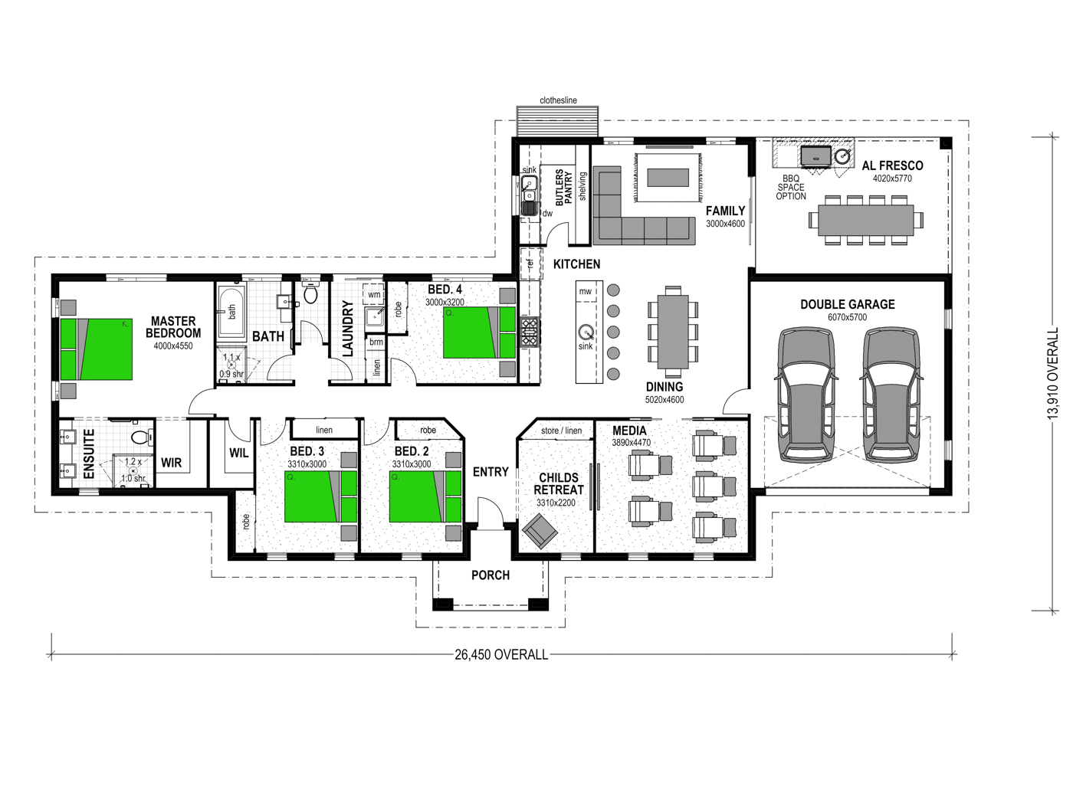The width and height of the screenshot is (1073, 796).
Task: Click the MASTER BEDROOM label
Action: [x=173, y=327]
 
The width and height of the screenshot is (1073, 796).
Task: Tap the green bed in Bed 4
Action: [x=480, y=332]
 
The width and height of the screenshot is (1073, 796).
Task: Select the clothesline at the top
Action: [x=557, y=121]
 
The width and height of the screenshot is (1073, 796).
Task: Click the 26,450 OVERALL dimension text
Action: [x=501, y=654]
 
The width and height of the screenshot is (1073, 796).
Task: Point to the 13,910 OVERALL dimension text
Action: [x=1052, y=372]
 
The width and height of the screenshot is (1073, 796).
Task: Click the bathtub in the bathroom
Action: [x=231, y=312]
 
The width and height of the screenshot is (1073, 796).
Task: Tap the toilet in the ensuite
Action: [x=140, y=437]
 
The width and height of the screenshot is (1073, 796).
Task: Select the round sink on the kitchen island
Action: [x=586, y=332]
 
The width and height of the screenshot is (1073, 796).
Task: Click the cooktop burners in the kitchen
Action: [x=530, y=332]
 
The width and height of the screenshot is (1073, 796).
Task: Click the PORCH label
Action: [x=491, y=575]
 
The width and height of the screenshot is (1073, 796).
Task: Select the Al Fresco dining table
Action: [x=865, y=220]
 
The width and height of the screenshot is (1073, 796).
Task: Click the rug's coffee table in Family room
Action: [x=668, y=177]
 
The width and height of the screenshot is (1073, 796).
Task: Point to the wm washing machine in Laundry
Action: [x=375, y=294]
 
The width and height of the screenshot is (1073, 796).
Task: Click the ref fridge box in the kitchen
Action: [x=530, y=264]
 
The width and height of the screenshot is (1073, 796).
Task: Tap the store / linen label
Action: [x=561, y=431]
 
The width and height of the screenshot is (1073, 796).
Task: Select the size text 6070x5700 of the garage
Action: [x=847, y=317]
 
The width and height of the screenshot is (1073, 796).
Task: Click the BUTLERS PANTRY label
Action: [x=563, y=187]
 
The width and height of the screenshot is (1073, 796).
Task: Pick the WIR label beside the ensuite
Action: [x=171, y=463]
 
